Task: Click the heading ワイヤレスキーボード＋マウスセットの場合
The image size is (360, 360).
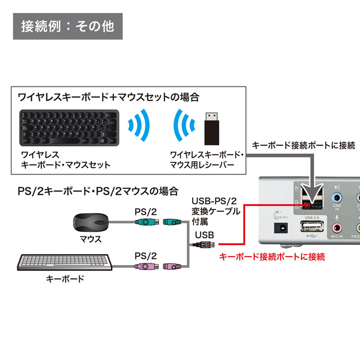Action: [x=108, y=97]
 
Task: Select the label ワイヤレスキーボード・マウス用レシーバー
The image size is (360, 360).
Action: [x=207, y=160]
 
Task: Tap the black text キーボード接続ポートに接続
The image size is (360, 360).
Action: [x=303, y=145]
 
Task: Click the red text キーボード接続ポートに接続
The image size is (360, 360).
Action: [x=271, y=257]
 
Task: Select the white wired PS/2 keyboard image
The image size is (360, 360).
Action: [x=65, y=263]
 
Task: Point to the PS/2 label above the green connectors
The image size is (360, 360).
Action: [x=146, y=211]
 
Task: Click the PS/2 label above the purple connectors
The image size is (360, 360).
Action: [x=146, y=256]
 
